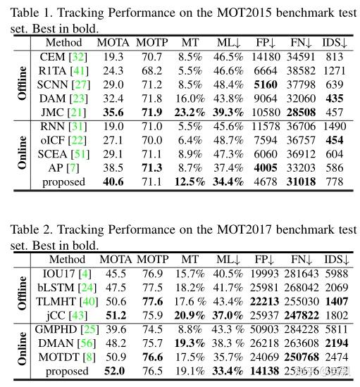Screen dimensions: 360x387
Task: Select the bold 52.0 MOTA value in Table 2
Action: click(x=115, y=370)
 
